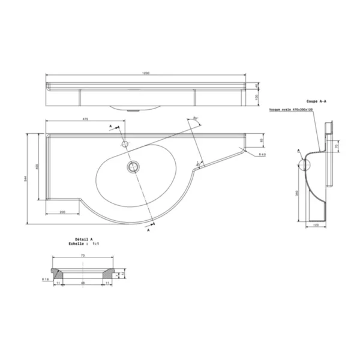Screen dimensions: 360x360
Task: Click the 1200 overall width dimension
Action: [145, 73]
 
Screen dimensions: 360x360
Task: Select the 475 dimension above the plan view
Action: [85, 119]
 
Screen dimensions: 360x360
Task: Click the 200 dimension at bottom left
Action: [62, 212]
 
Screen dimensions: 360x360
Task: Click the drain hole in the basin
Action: [132, 166]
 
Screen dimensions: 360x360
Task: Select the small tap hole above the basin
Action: [125, 144]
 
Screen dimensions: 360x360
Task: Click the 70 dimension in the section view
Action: [336, 146]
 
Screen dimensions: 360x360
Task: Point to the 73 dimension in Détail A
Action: [82, 256]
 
